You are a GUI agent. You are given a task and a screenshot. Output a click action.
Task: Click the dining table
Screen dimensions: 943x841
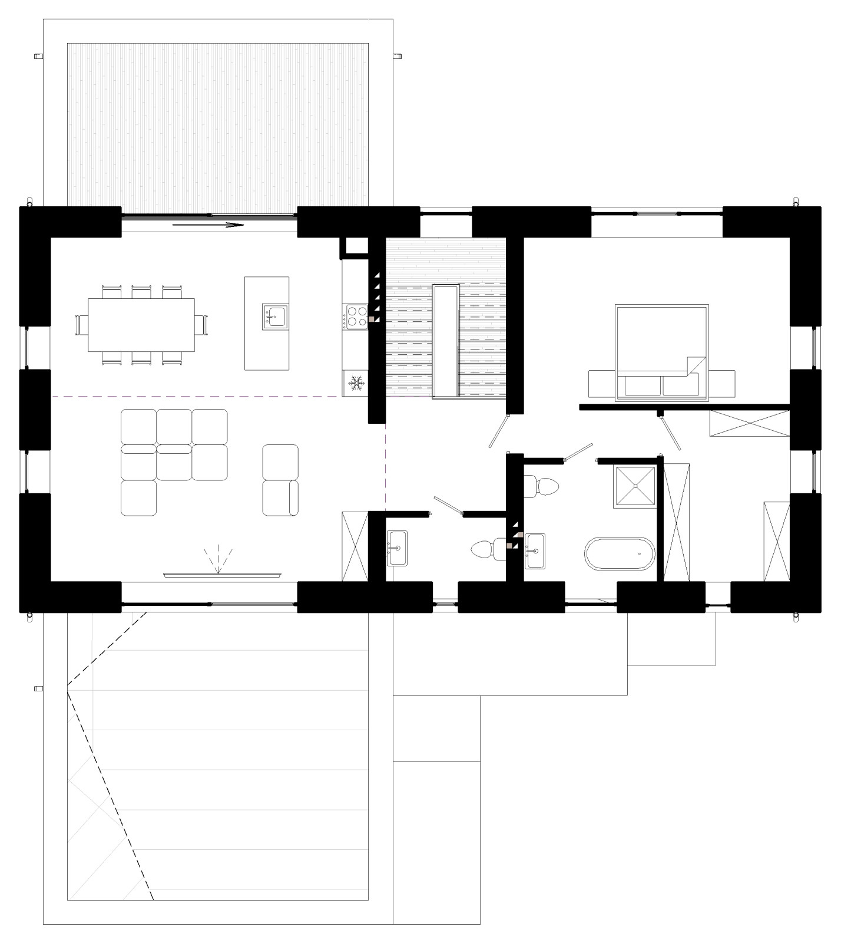coord(141,325)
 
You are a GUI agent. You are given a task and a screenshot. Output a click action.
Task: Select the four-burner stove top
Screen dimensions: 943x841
coord(355,316)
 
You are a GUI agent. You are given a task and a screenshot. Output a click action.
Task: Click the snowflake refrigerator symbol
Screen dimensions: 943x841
coord(355,383)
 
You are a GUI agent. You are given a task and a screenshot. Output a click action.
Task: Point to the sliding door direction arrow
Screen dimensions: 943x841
coord(208,225)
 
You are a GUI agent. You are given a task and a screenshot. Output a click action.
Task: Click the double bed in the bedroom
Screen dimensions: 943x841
coord(661,352)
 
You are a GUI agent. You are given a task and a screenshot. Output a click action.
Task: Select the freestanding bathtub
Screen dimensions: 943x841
coord(619,553)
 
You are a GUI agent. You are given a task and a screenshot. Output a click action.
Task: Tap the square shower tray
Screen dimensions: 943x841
coord(635,486)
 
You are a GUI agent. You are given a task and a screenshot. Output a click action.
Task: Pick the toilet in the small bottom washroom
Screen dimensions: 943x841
coord(485,549)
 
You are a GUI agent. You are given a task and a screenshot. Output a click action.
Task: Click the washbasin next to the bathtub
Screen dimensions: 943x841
coord(535,551)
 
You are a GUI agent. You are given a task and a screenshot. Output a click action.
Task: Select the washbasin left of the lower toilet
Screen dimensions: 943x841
coord(398,548)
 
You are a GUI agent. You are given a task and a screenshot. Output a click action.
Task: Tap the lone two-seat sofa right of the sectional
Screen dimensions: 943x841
coord(280,480)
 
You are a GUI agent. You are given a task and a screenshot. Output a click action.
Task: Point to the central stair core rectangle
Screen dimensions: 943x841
coord(445,341)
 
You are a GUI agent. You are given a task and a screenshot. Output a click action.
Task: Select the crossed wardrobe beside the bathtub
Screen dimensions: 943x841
coord(677,522)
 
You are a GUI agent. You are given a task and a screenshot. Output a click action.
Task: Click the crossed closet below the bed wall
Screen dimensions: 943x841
coord(749,423)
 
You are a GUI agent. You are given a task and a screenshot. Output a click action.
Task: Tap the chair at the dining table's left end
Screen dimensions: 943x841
coord(81,325)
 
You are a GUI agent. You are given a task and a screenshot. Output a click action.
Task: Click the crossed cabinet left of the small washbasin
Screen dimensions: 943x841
coord(355,546)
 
